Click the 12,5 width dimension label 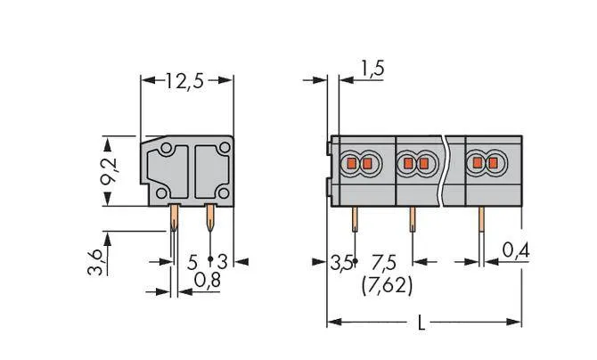(184, 81)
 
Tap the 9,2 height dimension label (110, 171)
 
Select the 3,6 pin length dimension (95, 262)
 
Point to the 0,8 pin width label (208, 280)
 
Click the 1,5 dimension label (372, 69)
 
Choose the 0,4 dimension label (516, 250)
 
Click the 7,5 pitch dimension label (384, 263)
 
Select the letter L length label (421, 323)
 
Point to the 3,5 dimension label (340, 263)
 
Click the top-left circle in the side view (166, 148)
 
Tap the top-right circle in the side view (225, 147)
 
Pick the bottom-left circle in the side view (161, 193)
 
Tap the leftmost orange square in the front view (351, 163)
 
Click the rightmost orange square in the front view (493, 163)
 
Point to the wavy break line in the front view (444, 171)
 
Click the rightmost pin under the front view (481, 219)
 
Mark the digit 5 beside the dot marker (192, 263)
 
